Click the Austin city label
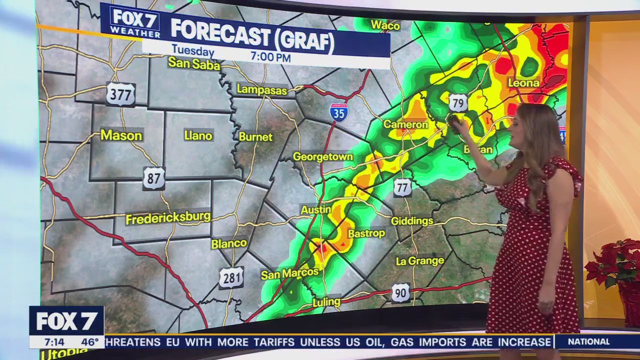tap(316, 210)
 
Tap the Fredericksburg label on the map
tap(168, 218)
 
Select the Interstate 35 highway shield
tap(338, 113)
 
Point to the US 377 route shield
tap(120, 94)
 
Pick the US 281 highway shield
tap(231, 277)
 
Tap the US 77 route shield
tap(402, 187)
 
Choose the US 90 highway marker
tap(400, 293)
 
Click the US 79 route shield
tap(458, 102)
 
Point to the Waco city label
tap(385, 25)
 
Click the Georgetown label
tap(323, 157)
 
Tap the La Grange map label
tap(419, 261)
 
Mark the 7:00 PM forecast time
tap(270, 57)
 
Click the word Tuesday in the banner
tap(193, 51)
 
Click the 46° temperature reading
tap(90, 342)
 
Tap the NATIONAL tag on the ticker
tap(588, 342)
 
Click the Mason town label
tap(121, 135)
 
